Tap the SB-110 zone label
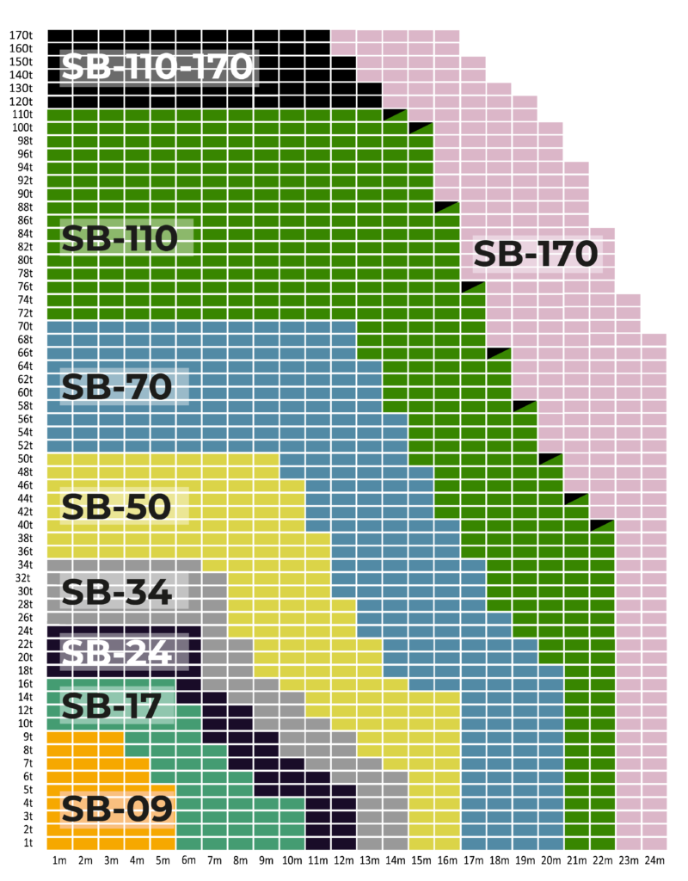[120, 237]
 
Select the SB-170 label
[535, 254]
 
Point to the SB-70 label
[117, 387]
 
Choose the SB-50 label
[117, 507]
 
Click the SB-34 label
[117, 591]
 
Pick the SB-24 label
[117, 653]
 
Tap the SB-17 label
[111, 706]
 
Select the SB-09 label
[117, 809]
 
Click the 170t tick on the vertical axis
[21, 35]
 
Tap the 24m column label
[654, 860]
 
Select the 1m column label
[60, 860]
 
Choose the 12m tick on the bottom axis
[344, 860]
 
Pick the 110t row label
[21, 114]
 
